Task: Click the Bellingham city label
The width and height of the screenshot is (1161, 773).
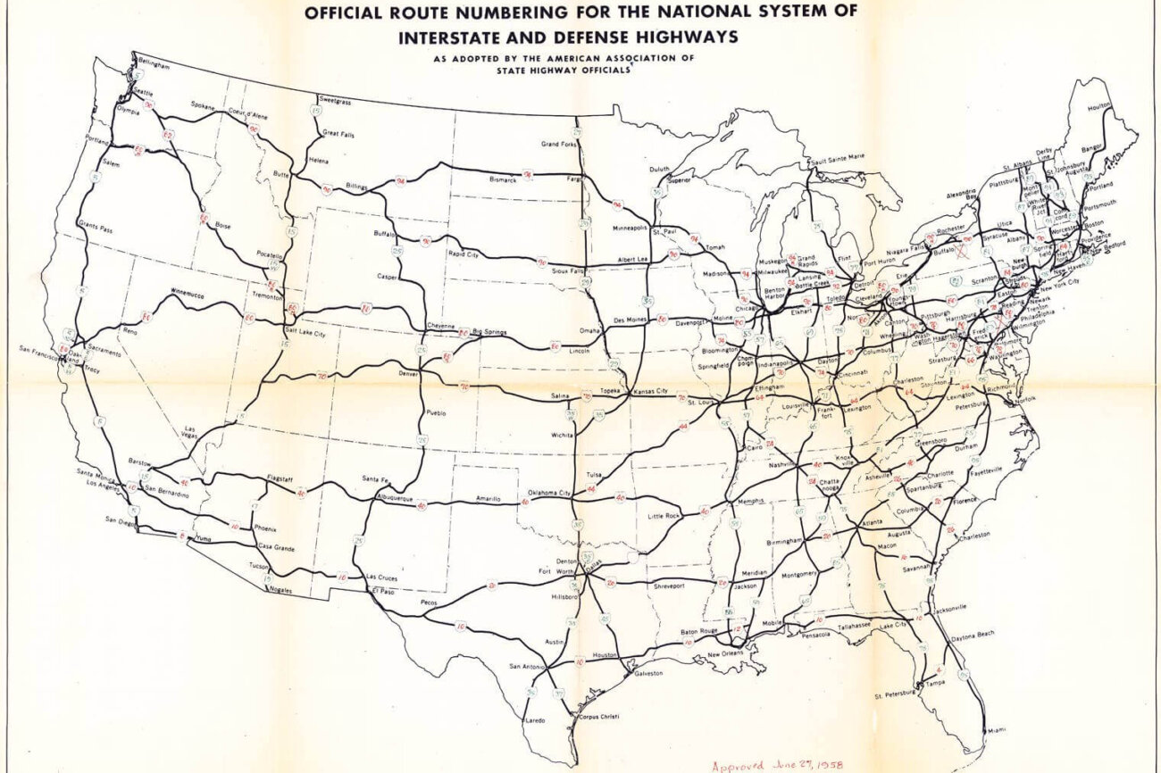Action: (153, 66)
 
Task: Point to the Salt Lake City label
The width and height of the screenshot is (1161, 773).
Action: (305, 333)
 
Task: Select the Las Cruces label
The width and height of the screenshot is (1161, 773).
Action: (383, 578)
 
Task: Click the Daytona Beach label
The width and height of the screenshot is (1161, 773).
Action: (974, 635)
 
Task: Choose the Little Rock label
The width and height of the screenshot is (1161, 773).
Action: (664, 516)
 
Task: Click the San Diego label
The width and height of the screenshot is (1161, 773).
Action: (121, 519)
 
